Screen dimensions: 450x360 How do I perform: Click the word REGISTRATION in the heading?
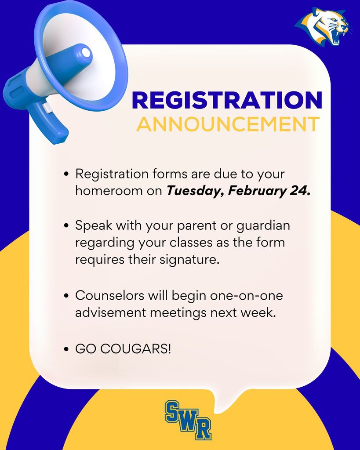[x=227, y=100]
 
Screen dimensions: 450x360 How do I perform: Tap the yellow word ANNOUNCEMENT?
[x=228, y=124]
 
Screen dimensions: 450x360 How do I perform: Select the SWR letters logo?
[x=188, y=419]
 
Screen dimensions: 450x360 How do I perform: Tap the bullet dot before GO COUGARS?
[x=66, y=350]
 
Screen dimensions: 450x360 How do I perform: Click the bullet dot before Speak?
[x=66, y=226]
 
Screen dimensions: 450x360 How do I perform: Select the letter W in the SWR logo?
[x=188, y=422]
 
